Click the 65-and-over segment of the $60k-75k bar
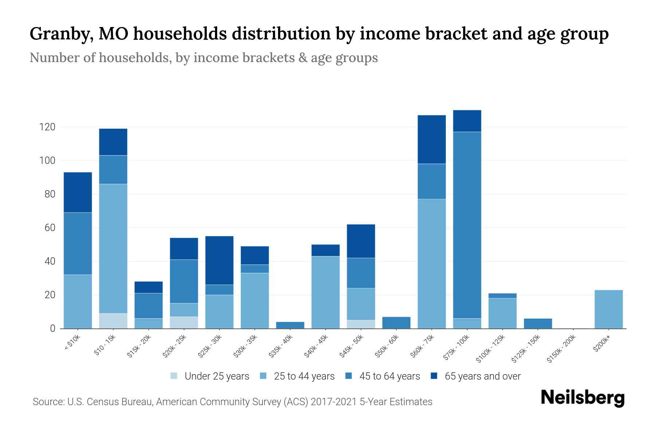432,139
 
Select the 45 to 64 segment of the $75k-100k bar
467,225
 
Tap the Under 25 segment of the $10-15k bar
113,321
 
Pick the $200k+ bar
608,309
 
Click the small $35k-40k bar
290,325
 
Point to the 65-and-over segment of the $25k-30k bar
219,260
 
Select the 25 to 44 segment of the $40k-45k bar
325,292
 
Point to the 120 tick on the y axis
47,127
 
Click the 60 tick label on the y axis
50,228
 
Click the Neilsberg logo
582,397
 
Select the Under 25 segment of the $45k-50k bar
361,324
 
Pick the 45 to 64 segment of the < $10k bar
78,243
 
